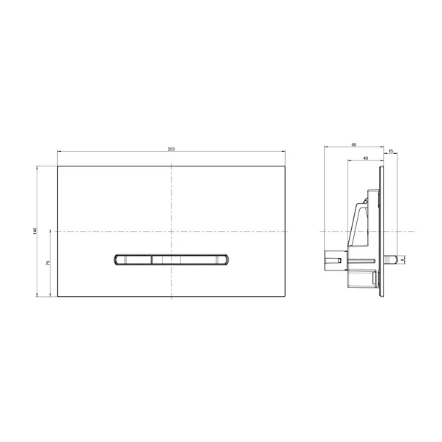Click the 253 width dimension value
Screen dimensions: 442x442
(x=171, y=149)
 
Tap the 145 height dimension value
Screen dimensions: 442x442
(x=34, y=231)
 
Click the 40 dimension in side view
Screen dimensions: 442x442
(x=364, y=158)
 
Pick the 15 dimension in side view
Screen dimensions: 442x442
(x=391, y=152)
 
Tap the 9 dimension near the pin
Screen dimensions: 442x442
(x=405, y=259)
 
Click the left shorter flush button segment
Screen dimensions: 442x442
(x=134, y=259)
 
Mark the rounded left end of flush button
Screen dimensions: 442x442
(x=116, y=259)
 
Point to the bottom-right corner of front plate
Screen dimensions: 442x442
(x=285, y=297)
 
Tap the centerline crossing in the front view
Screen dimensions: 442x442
(x=171, y=232)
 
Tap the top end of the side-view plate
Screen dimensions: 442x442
(x=381, y=168)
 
